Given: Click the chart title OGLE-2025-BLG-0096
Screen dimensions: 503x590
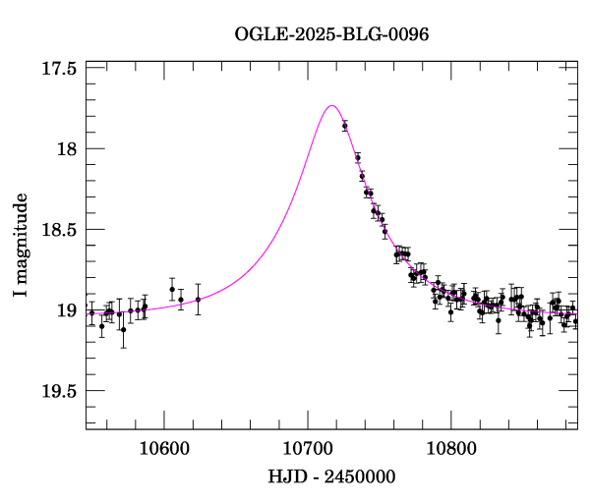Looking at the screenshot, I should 331,34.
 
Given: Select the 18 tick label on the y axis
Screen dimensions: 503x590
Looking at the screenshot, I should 68,149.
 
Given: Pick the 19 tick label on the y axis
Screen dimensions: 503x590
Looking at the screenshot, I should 68,310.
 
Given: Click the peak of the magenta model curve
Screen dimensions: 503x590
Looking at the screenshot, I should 331,105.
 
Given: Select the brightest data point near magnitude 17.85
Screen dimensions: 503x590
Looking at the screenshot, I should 345,126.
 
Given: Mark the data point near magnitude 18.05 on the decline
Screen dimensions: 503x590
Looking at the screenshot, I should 358,157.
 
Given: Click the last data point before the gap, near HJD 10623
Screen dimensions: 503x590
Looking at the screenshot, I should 198,300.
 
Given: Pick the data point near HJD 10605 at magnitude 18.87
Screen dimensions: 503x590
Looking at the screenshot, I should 172,289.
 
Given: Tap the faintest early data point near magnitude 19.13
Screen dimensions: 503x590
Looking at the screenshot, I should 123,330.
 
